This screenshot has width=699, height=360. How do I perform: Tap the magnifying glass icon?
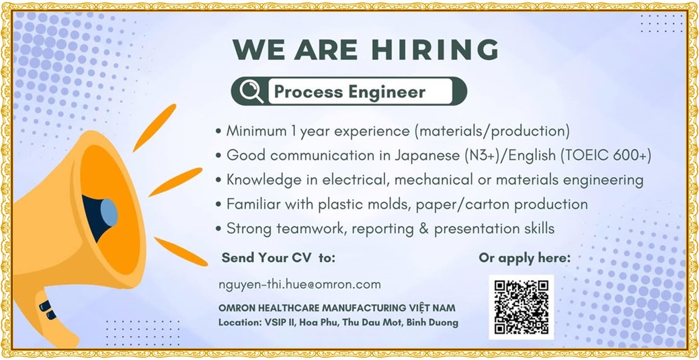click(251, 91)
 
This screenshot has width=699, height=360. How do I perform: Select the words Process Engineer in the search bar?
click(349, 92)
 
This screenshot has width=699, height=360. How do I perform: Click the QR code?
click(521, 307)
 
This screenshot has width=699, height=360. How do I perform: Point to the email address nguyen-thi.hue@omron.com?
click(300, 284)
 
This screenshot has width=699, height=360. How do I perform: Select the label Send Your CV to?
click(278, 257)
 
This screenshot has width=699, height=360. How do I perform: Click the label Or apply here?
click(524, 258)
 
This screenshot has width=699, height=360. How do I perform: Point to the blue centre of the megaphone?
click(109, 212)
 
